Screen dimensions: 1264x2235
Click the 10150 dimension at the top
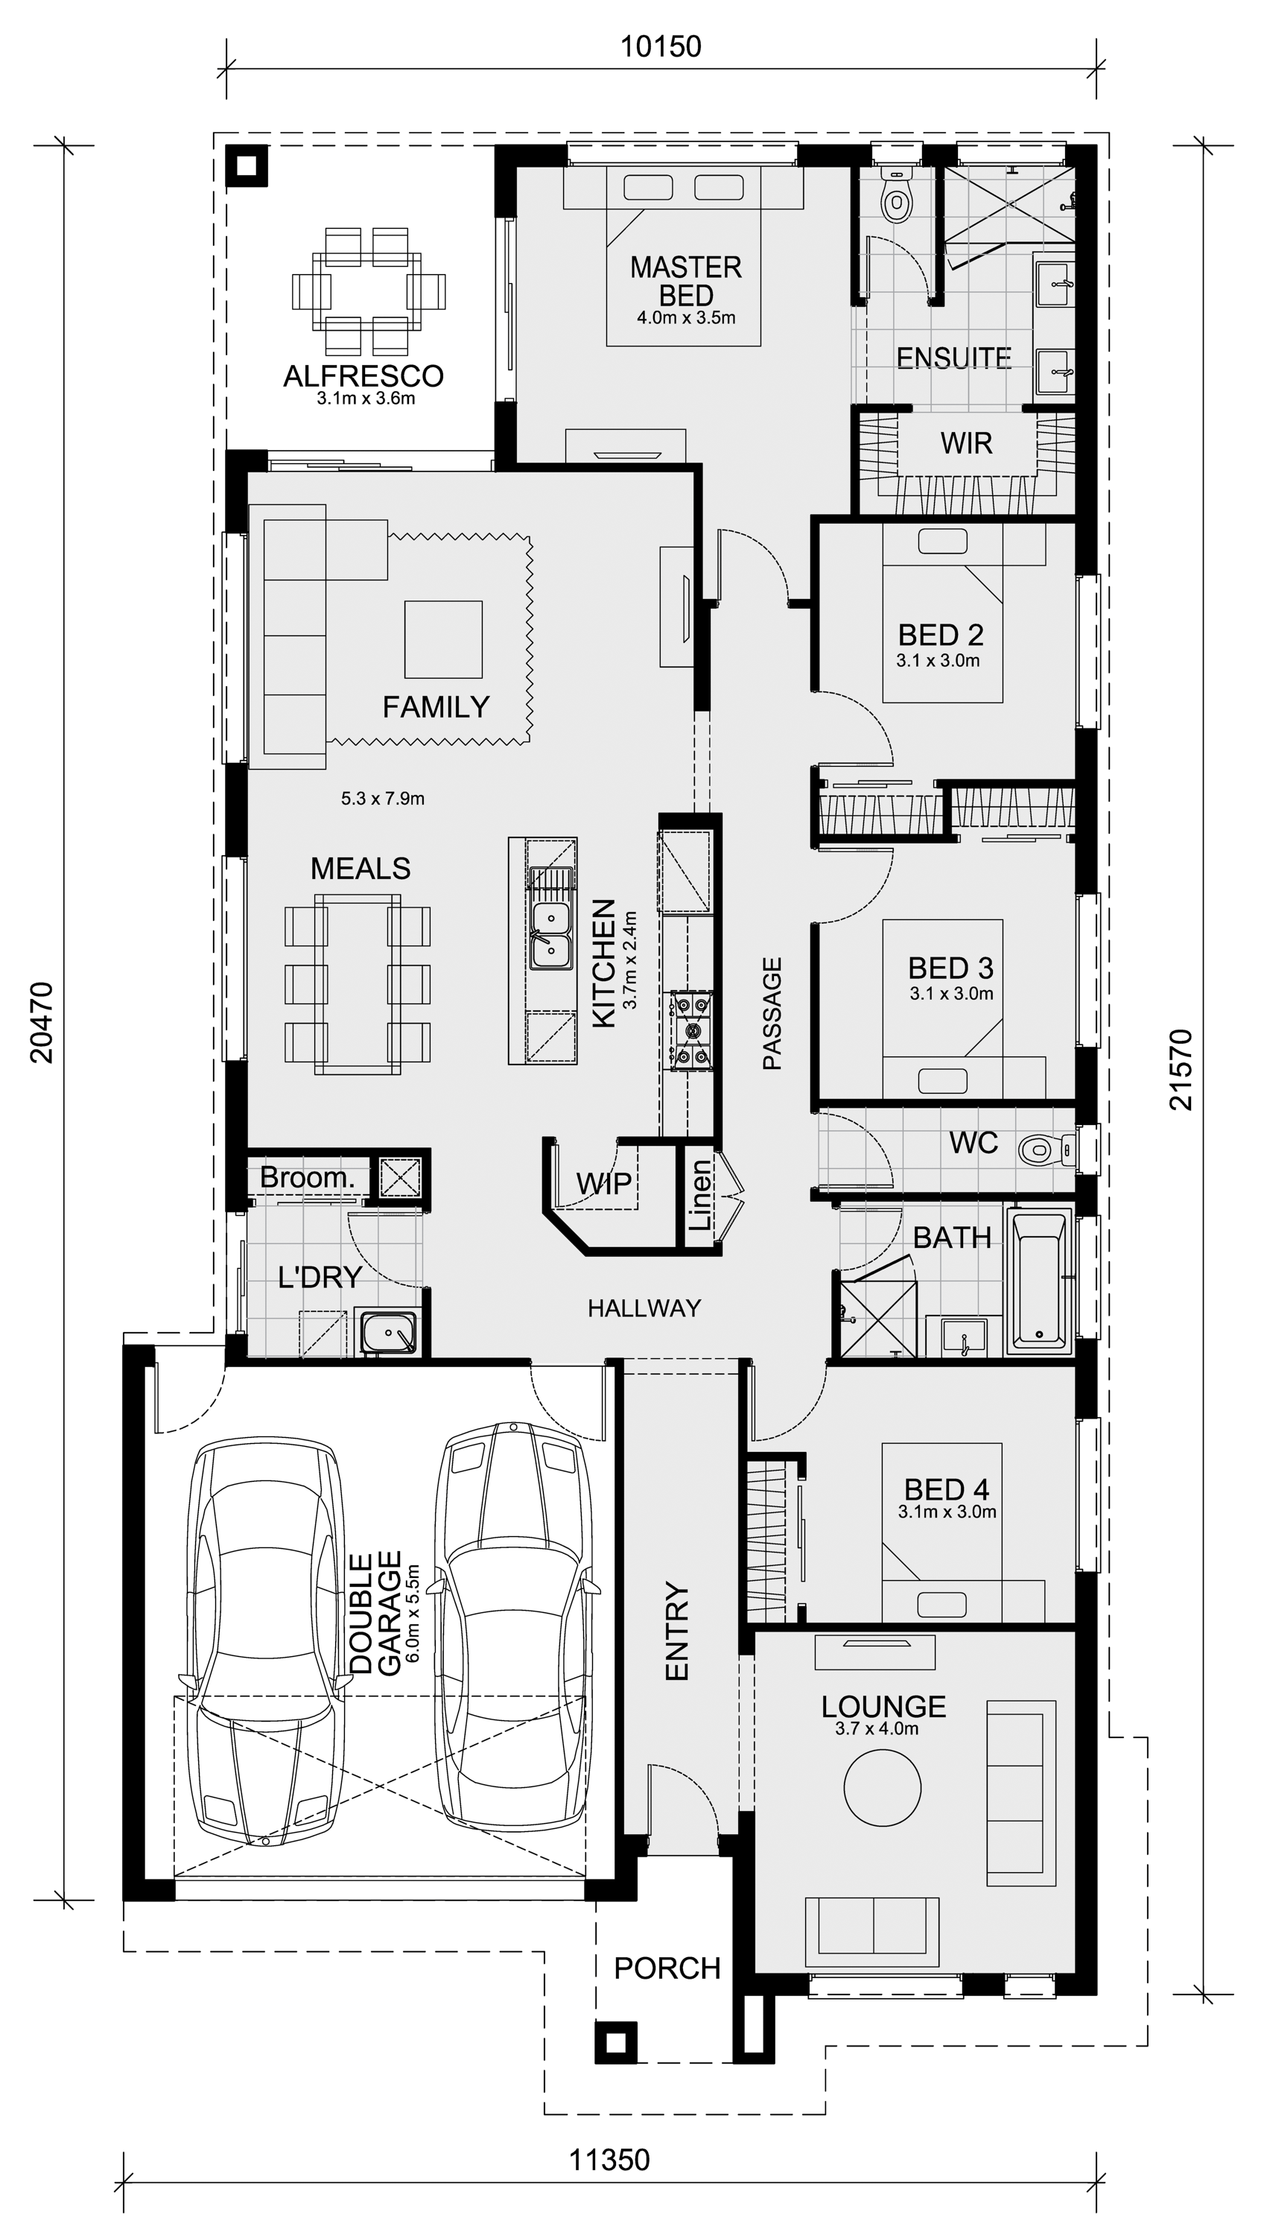661,46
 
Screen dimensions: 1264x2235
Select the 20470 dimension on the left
42,1022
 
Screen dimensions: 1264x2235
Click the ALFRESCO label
363,376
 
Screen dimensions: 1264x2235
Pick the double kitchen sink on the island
550,935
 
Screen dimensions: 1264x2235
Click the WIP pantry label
604,1184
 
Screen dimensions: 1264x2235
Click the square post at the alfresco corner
247,165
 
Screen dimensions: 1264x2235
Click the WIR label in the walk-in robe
966,444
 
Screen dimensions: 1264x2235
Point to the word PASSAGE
772,1013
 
